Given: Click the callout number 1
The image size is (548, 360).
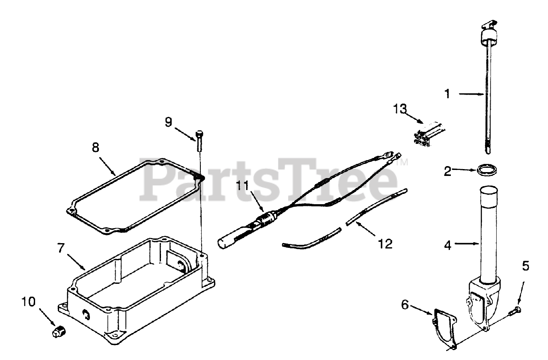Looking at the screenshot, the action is tap(447, 94).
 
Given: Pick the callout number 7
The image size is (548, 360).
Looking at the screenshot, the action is tap(62, 248).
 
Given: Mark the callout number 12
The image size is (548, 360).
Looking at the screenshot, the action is tap(385, 244).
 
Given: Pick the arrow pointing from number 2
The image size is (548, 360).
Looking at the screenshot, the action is tap(465, 171).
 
